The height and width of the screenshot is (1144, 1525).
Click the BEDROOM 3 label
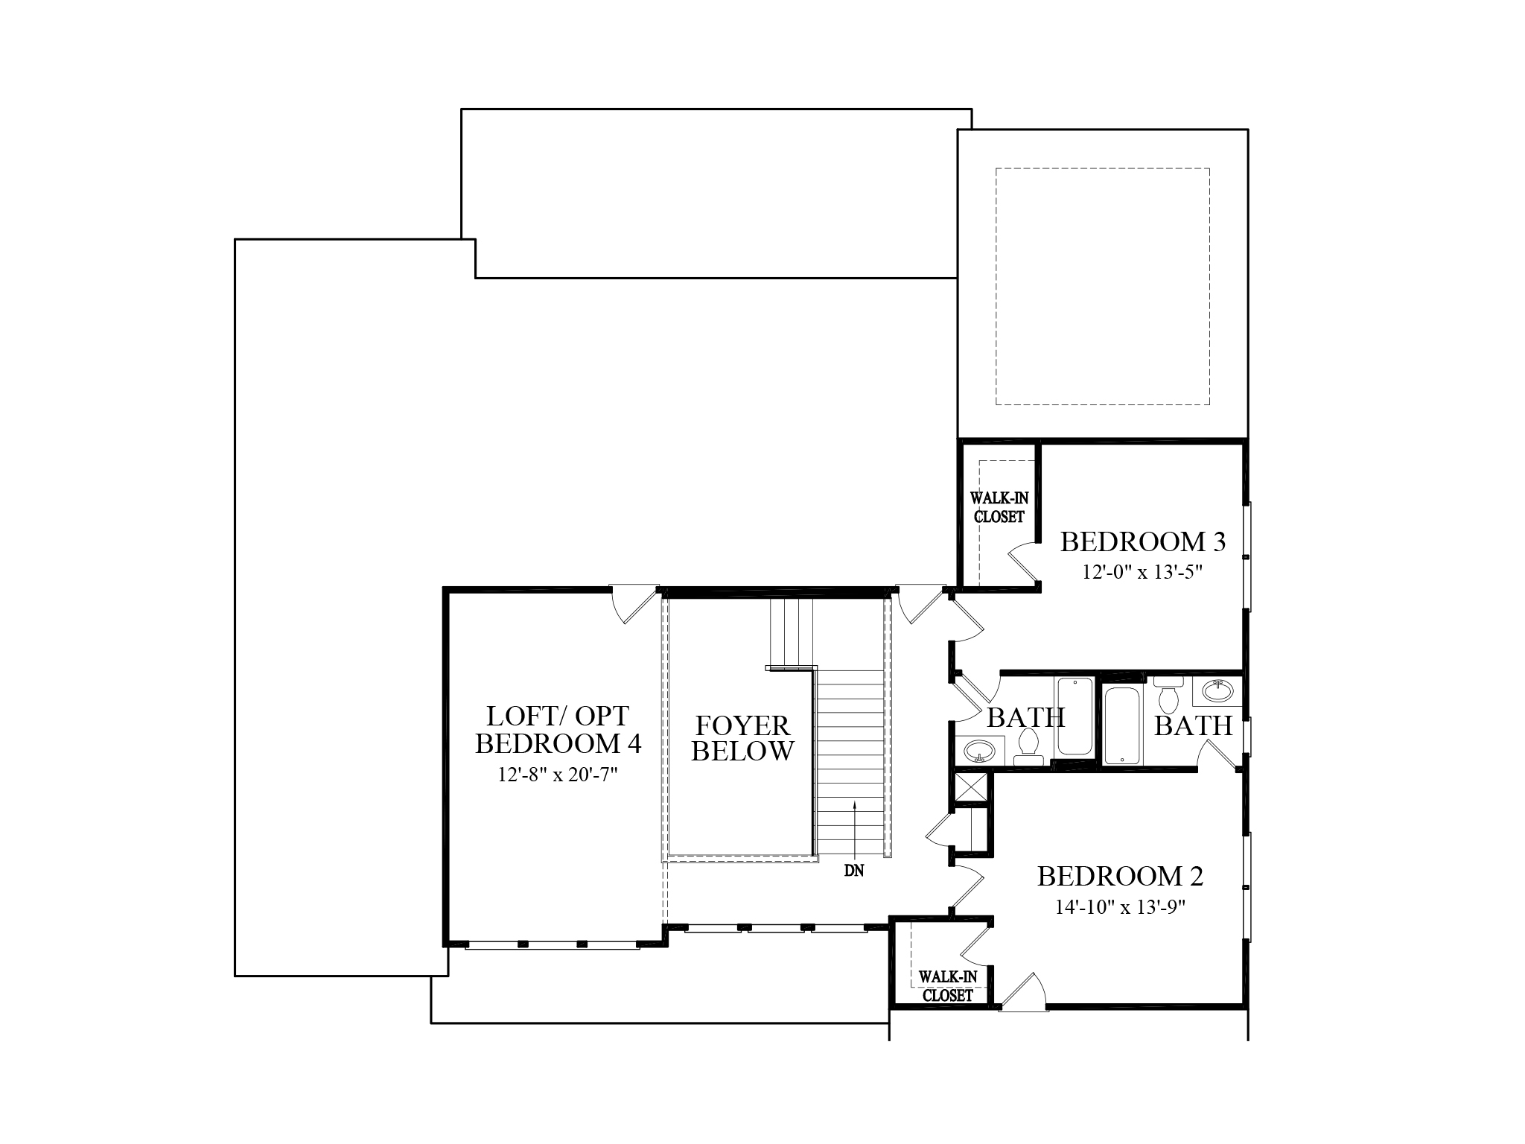click(1142, 542)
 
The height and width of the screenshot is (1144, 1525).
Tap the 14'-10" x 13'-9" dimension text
click(1120, 907)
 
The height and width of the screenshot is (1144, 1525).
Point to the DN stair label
click(854, 870)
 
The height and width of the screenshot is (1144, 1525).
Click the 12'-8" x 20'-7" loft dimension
click(558, 775)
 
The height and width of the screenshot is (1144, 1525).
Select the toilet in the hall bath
click(1028, 745)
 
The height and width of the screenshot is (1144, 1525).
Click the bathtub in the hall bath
click(1073, 715)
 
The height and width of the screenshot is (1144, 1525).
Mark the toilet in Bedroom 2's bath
click(1168, 693)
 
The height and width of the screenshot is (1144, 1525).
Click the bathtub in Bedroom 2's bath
click(1121, 725)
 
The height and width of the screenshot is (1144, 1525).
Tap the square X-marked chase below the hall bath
click(971, 786)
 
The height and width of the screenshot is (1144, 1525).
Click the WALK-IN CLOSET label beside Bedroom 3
click(999, 507)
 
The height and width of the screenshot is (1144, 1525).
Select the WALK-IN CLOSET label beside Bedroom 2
click(947, 985)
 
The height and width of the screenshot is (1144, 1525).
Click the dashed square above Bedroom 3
click(1102, 287)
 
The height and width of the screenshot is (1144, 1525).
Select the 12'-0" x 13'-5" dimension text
click(1142, 572)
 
